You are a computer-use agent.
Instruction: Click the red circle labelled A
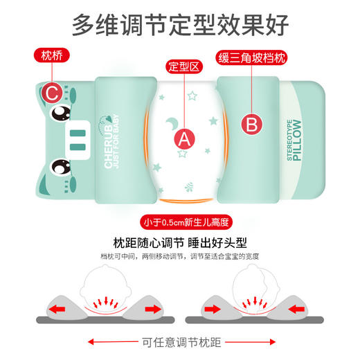click(183, 138)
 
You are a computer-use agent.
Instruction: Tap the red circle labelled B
click(252, 125)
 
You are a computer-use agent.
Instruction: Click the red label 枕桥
click(52, 54)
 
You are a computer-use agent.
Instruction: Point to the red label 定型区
click(184, 67)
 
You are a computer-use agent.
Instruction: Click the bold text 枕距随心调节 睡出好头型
click(180, 243)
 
